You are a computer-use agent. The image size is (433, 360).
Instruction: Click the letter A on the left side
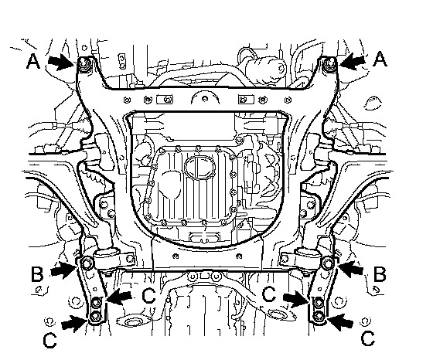pos(33,61)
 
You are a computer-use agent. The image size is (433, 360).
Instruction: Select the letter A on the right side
pos(380,59)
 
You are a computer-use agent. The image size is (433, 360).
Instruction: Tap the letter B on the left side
pos(37,274)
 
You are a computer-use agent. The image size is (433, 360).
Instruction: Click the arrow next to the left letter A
pos(61,62)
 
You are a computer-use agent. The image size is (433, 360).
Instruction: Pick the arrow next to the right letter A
pos(353,61)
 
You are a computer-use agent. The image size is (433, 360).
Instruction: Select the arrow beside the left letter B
pos(63,270)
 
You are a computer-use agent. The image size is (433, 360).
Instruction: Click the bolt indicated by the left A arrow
pos(84,63)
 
